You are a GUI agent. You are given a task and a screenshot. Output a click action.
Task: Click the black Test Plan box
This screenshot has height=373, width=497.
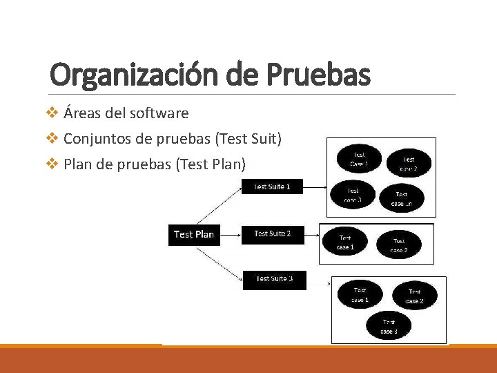(x=194, y=234)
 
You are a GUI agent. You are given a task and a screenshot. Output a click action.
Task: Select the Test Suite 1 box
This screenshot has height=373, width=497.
(x=272, y=186)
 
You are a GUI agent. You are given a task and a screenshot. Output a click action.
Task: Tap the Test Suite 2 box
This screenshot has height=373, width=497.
(x=272, y=234)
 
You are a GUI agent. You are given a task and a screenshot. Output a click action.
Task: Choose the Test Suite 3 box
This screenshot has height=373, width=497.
(x=273, y=279)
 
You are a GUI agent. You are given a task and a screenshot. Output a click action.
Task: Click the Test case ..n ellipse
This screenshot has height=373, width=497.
(x=401, y=199)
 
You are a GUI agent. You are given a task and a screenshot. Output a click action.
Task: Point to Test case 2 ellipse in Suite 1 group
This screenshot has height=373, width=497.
(x=409, y=164)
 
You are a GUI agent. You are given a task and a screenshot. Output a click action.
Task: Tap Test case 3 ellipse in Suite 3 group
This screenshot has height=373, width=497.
(x=389, y=326)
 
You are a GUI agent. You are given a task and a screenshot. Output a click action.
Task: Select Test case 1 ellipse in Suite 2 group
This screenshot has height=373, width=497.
(x=345, y=242)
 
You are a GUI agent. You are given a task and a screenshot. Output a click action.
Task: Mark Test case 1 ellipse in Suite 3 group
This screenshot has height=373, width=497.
(x=360, y=295)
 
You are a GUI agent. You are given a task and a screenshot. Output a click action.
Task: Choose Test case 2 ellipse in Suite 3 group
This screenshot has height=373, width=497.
(x=414, y=296)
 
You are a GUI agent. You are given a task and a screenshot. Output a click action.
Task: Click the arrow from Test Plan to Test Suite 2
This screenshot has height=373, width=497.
(x=228, y=234)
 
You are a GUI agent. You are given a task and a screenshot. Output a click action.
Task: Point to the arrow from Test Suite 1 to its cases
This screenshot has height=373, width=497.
(x=315, y=186)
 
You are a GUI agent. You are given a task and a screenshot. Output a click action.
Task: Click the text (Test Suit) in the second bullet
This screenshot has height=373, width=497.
(x=249, y=139)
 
